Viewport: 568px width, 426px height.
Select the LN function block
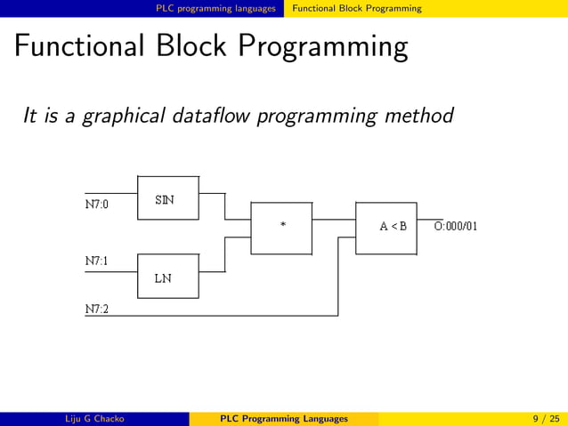click(167, 277)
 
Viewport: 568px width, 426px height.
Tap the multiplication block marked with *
click(282, 226)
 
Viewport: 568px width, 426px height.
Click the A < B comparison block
click(386, 226)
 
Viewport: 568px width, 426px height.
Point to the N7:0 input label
click(97, 204)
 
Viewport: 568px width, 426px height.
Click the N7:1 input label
click(97, 262)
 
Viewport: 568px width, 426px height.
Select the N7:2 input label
click(97, 309)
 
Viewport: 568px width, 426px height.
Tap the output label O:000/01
click(456, 226)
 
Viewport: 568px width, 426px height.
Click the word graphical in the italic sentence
click(118, 116)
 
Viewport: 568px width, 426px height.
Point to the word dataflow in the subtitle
click(212, 116)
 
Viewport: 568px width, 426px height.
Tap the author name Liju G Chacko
click(93, 419)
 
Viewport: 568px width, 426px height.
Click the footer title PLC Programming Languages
click(284, 419)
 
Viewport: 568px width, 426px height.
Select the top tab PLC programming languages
click(215, 8)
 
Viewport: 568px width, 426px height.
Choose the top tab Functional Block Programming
click(357, 8)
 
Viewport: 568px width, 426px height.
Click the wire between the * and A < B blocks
click(334, 219)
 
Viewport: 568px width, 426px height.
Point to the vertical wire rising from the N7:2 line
click(338, 276)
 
